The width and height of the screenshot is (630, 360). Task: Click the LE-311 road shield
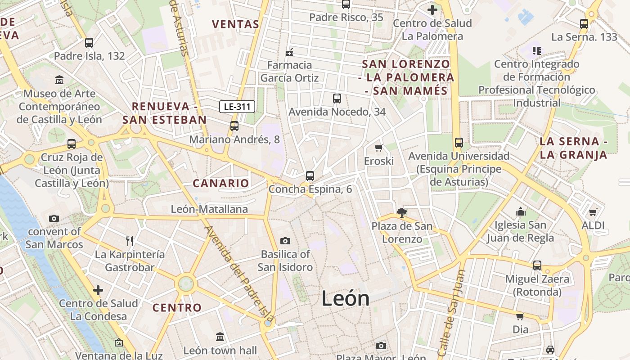[x=238, y=107]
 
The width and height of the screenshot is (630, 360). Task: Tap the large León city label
[x=346, y=298]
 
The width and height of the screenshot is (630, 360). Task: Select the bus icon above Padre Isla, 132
[x=89, y=43]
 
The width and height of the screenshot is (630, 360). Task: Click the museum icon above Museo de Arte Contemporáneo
[x=59, y=80]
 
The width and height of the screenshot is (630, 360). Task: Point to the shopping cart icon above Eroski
[x=379, y=148]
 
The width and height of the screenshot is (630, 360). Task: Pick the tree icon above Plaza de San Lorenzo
[x=401, y=212]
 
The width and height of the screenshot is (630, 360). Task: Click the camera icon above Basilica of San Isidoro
[x=285, y=241]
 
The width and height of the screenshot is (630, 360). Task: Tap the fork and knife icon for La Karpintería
[x=130, y=241]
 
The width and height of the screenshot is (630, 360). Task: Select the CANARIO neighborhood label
[x=220, y=183]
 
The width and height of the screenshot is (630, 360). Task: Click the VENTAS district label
[x=235, y=24]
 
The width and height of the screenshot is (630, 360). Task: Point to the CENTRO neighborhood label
[x=177, y=308]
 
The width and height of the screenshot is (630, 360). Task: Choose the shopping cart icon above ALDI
[x=593, y=212]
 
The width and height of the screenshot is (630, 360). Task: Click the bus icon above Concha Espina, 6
[x=310, y=176]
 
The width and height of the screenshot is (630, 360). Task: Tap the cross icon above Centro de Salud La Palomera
[x=432, y=10]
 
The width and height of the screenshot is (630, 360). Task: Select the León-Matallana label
[x=209, y=209]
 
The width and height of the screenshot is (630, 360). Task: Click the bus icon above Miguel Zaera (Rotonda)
[x=537, y=265]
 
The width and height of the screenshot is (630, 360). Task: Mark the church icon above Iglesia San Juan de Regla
[x=521, y=211]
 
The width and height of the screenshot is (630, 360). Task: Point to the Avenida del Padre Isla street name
[x=238, y=270]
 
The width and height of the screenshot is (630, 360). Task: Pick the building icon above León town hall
[x=220, y=337]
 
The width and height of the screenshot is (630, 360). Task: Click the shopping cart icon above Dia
[x=520, y=316]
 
